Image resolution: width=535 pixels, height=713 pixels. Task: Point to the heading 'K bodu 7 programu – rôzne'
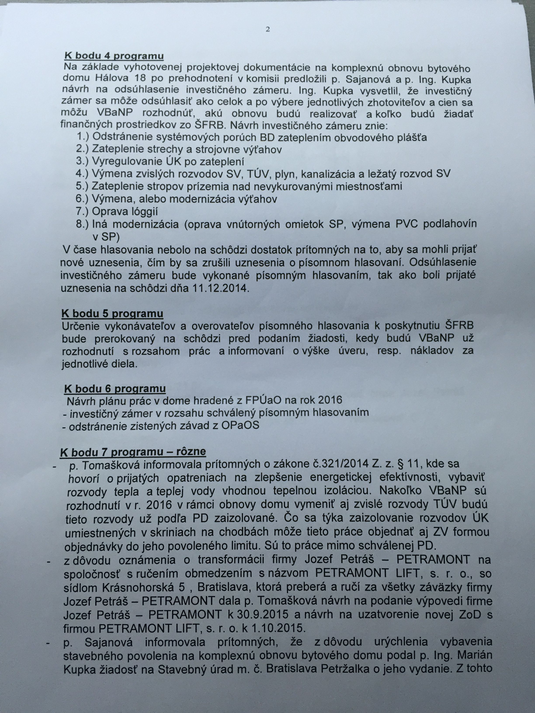[x=133, y=452]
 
